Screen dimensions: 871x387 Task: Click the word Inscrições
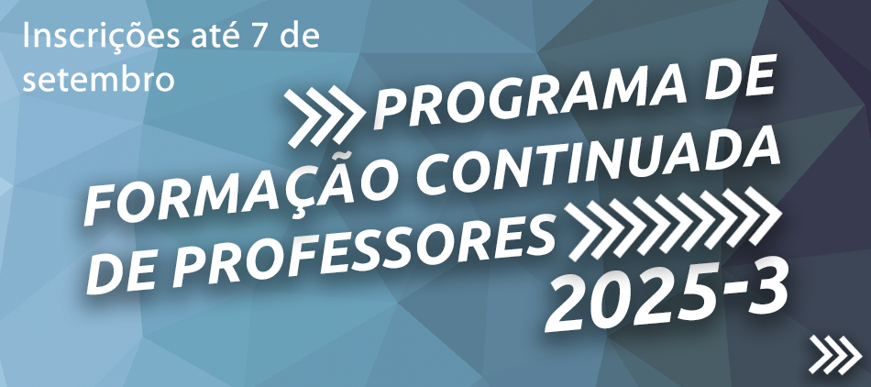(101, 38)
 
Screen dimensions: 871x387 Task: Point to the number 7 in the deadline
(263, 38)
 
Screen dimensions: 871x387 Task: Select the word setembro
(98, 79)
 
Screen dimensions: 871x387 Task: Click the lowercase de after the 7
(300, 36)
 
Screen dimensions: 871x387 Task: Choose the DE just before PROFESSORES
(124, 273)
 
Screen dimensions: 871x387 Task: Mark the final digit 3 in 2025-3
(765, 293)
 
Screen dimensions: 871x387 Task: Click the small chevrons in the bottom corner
(836, 355)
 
